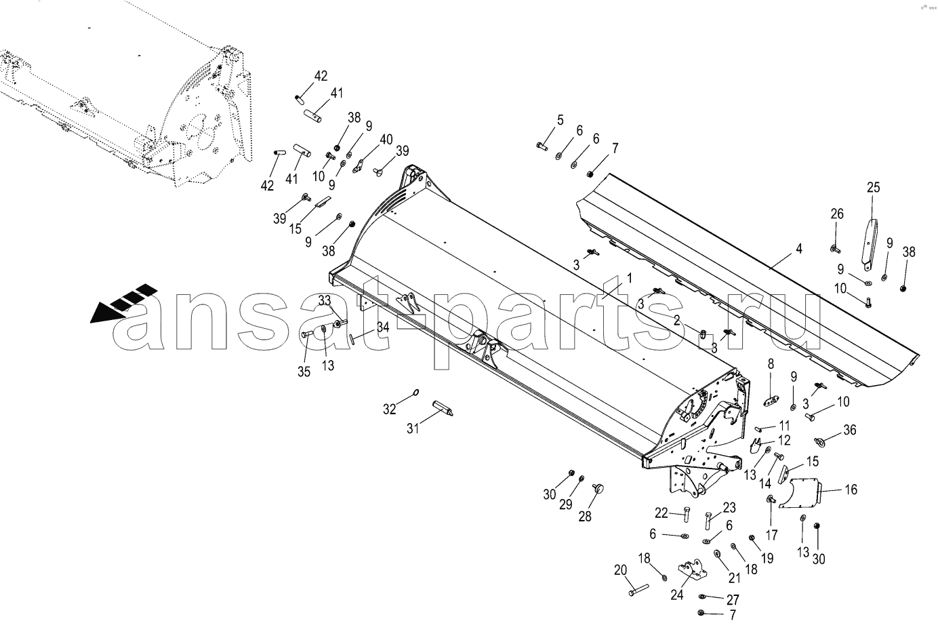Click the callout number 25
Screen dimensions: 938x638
coord(873,187)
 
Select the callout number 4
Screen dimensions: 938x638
coord(798,249)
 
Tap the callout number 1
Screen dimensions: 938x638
coord(629,279)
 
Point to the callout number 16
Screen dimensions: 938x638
coord(851,490)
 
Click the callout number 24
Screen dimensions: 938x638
coord(676,595)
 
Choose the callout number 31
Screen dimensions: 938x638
coord(413,428)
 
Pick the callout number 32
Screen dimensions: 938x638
coord(389,410)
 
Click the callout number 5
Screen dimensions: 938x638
coord(560,120)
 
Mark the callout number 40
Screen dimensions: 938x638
coord(386,139)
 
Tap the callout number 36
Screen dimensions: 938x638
coord(850,430)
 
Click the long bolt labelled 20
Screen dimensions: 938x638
coord(638,591)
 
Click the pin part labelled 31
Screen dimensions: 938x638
coord(442,408)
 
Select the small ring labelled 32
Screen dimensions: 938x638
coord(416,392)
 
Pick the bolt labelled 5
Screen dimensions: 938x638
coord(542,146)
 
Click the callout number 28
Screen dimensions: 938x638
coord(585,517)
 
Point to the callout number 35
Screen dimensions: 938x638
coord(304,372)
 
